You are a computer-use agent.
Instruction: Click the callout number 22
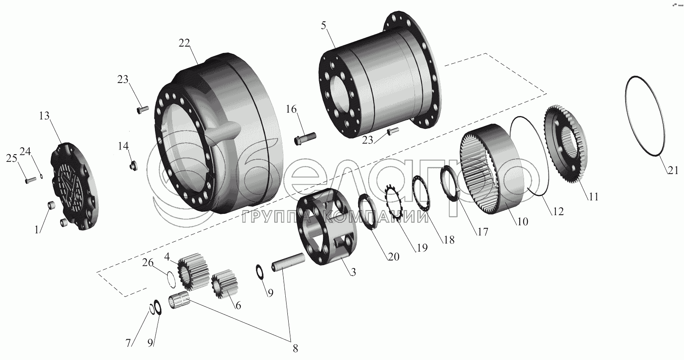pyautogui.click(x=184, y=43)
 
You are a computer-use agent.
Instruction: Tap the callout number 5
pyautogui.click(x=324, y=26)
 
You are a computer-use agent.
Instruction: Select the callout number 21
pyautogui.click(x=673, y=170)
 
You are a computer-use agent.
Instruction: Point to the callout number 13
pyautogui.click(x=44, y=116)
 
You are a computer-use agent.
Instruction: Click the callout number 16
pyautogui.click(x=291, y=109)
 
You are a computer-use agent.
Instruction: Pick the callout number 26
pyautogui.click(x=148, y=263)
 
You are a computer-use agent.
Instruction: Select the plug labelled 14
pyautogui.click(x=133, y=166)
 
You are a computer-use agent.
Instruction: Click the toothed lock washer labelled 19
pyautogui.click(x=394, y=202)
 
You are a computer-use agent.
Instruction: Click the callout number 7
pyautogui.click(x=129, y=343)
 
